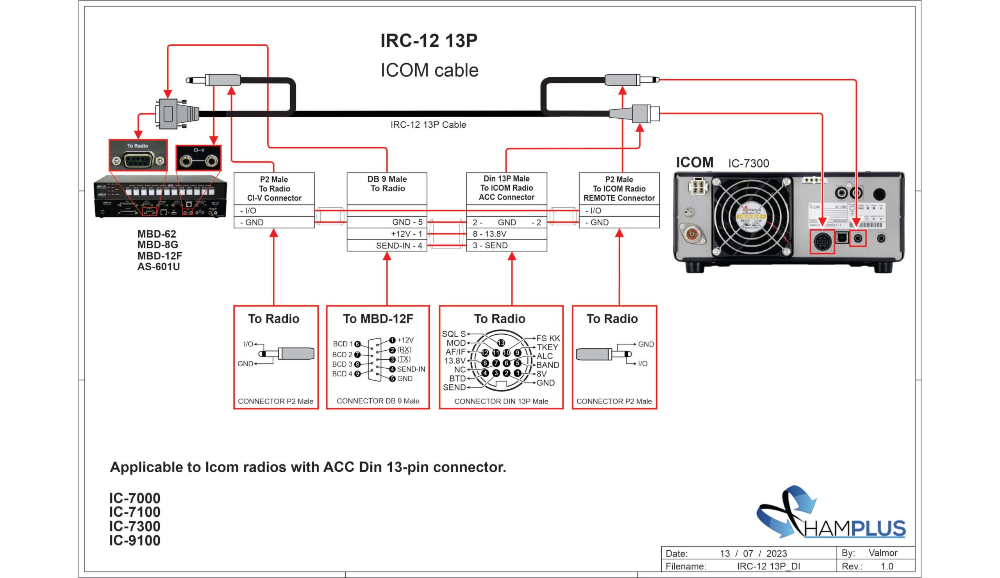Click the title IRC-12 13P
(429, 41)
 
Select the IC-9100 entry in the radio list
(134, 541)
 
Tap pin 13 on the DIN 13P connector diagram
(501, 343)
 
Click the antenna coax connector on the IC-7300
(692, 235)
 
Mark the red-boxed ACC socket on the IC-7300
(822, 242)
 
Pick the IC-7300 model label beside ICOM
(748, 164)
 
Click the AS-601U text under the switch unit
(158, 267)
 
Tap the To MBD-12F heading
(378, 319)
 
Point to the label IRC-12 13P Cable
(428, 125)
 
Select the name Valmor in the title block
(882, 553)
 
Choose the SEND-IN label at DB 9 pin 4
(411, 369)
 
